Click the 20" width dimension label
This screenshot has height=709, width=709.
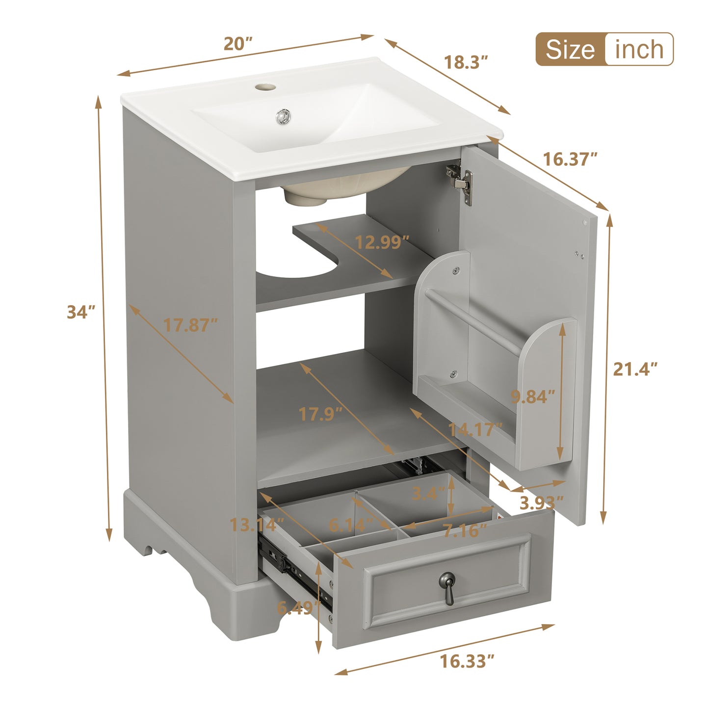(x=237, y=44)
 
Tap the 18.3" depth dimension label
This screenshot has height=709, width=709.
(x=466, y=62)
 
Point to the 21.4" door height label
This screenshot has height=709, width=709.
(x=635, y=368)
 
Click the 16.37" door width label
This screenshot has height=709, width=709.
(x=570, y=159)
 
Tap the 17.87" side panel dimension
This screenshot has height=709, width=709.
(x=190, y=325)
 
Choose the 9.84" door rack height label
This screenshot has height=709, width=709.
(x=533, y=396)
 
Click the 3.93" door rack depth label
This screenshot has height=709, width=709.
(x=541, y=502)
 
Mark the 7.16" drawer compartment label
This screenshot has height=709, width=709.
(x=465, y=530)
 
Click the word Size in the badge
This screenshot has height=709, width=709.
(x=570, y=50)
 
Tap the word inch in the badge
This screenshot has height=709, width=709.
(x=639, y=50)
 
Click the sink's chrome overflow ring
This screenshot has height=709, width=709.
(x=284, y=117)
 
